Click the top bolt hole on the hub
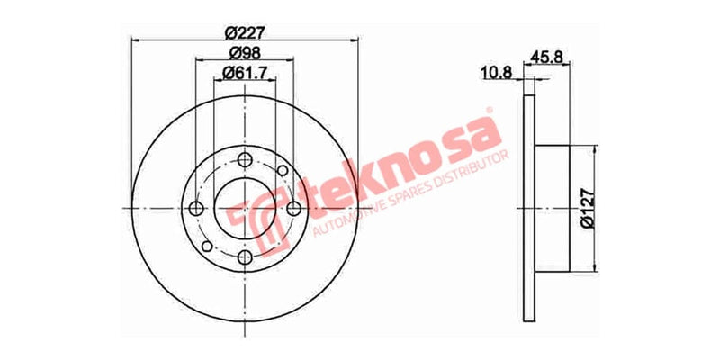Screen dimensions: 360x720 [245, 159]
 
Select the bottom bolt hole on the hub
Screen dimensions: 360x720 [245, 258]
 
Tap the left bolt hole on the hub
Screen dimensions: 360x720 [196, 209]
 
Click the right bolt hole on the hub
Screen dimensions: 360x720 [294, 209]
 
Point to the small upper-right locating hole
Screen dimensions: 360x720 [283, 169]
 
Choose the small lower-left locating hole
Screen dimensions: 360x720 [207, 247]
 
